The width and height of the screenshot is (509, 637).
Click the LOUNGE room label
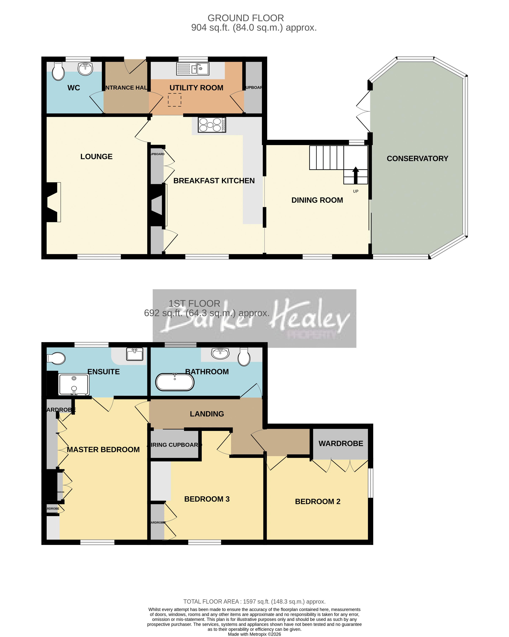[x=96, y=157]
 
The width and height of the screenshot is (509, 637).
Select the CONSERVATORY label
[x=417, y=159]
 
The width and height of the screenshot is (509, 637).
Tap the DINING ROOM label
[x=317, y=200]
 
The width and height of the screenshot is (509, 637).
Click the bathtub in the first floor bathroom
[x=175, y=382]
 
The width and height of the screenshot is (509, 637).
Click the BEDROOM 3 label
[x=207, y=499]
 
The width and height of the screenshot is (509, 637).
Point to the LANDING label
[x=207, y=414]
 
